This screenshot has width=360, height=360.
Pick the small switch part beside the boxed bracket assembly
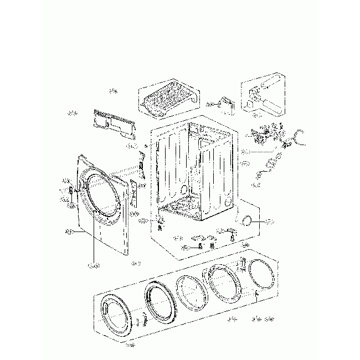tap(226, 103)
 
